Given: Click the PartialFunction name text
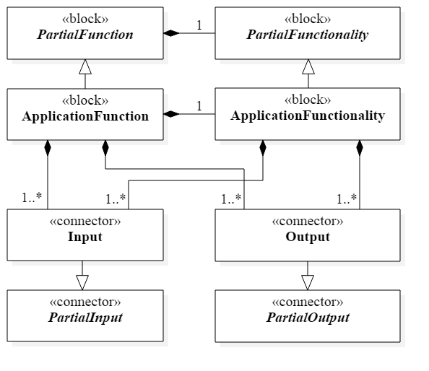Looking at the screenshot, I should (85, 35).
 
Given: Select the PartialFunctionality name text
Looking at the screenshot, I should (308, 35).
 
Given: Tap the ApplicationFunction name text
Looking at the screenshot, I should (85, 116).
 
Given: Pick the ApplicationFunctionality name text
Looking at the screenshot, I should (308, 115).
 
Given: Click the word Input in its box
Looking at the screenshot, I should (85, 237).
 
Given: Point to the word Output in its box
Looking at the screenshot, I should (308, 237).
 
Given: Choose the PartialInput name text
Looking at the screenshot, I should (85, 318).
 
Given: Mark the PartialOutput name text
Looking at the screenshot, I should (308, 318).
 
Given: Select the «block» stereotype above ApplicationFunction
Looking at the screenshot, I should (85, 100).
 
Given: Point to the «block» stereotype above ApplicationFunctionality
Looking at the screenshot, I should (308, 100).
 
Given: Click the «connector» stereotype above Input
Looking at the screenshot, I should (85, 222).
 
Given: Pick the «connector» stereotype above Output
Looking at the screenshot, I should (308, 222).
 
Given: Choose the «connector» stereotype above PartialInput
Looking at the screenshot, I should (85, 302).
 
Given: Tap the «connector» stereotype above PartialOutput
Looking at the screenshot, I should (308, 302).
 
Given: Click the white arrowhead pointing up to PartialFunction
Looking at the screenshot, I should (85, 67).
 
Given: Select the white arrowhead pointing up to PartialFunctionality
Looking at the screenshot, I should (308, 67).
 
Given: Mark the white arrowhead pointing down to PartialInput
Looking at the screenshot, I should (82, 282).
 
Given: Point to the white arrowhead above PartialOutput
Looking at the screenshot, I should (308, 282).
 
